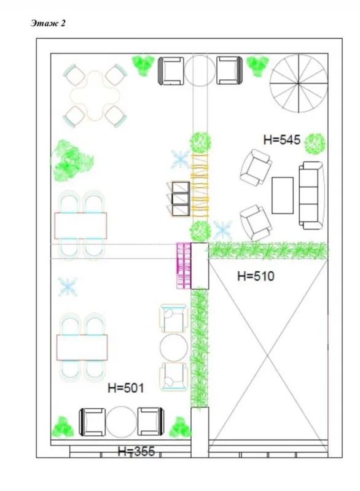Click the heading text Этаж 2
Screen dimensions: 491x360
click(x=47, y=23)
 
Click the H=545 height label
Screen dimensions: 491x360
click(x=281, y=140)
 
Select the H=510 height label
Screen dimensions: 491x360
click(x=255, y=276)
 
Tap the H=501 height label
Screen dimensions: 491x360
click(x=125, y=387)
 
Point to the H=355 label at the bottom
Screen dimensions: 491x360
click(x=136, y=452)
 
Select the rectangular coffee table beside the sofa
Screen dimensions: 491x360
click(x=283, y=195)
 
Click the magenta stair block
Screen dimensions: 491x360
click(x=184, y=266)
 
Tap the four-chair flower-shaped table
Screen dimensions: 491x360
click(x=95, y=95)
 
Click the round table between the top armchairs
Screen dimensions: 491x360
click(x=199, y=71)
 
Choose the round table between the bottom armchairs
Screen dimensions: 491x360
click(x=121, y=422)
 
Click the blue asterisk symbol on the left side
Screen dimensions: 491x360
click(x=68, y=285)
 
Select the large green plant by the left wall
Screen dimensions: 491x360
click(x=72, y=161)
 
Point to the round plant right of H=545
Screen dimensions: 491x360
click(x=315, y=142)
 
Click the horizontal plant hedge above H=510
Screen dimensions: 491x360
click(x=268, y=250)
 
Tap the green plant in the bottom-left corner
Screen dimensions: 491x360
click(x=61, y=425)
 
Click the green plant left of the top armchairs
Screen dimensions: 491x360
click(x=143, y=64)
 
